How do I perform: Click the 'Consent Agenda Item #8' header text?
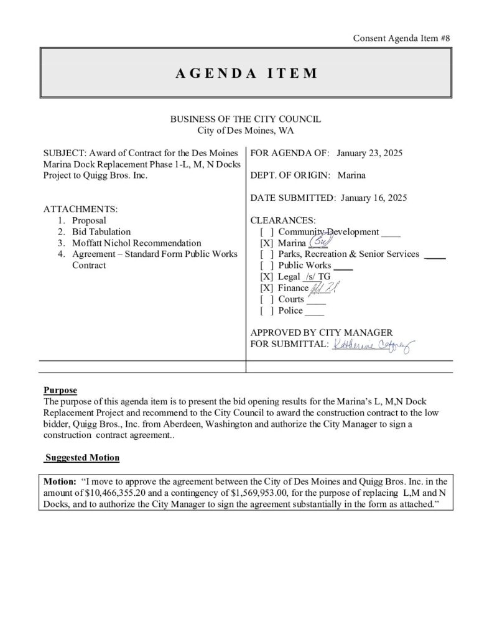[401, 38]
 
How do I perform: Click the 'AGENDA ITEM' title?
[246, 73]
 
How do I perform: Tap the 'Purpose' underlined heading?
[60, 391]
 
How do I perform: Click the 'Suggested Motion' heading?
[83, 458]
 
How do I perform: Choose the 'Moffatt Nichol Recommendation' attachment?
[136, 243]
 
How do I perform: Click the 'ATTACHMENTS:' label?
[81, 210]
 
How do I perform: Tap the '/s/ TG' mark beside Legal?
[317, 277]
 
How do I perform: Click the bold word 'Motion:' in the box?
[60, 481]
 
